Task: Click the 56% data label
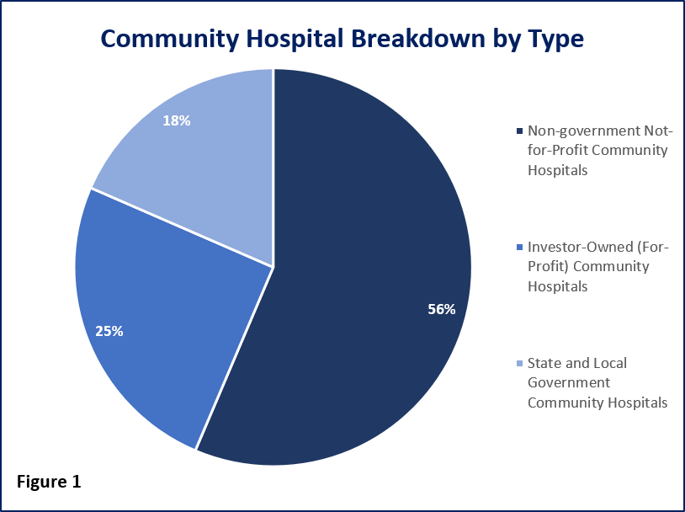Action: click(441, 309)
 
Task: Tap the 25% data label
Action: click(109, 331)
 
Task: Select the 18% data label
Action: click(177, 120)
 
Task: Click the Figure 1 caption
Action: click(49, 483)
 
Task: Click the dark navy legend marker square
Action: click(518, 131)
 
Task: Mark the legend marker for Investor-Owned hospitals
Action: click(518, 248)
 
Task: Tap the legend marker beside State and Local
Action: click(518, 364)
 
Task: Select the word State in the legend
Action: click(543, 363)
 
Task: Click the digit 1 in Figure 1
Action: click(76, 483)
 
